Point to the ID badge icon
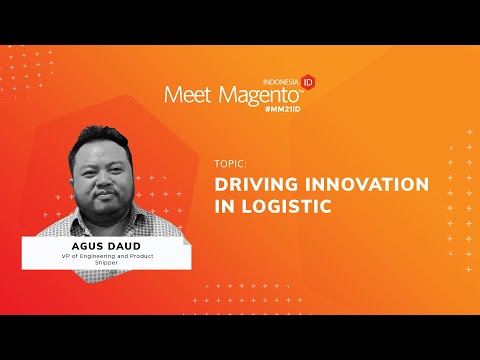pyautogui.click(x=308, y=81)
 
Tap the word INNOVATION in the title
pyautogui.click(x=365, y=185)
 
